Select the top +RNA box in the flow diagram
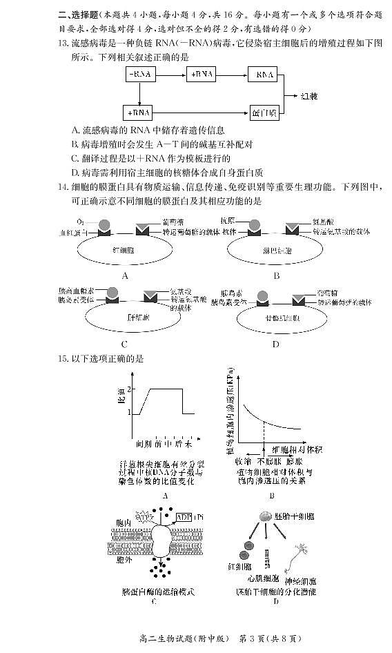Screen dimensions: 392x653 (x=202, y=74)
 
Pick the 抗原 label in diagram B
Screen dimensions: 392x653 (x=228, y=220)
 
